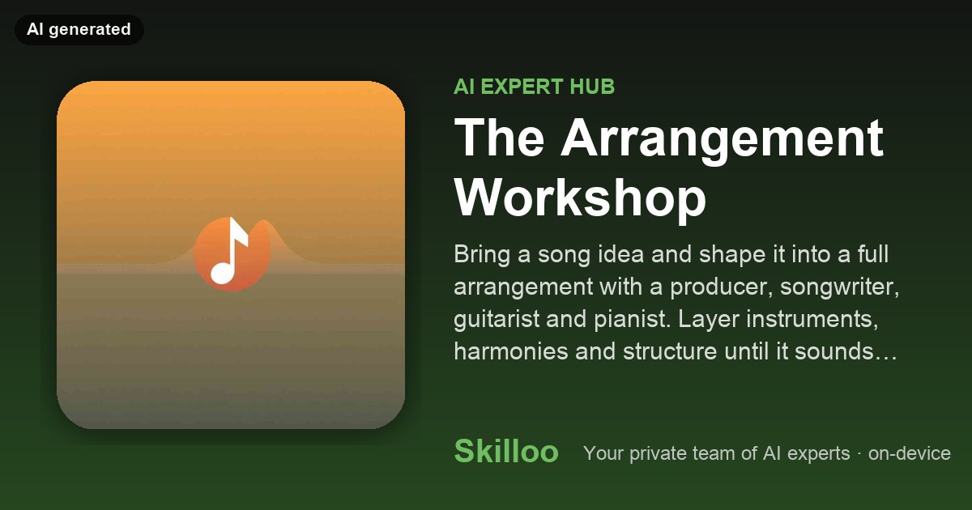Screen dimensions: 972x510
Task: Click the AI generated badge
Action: point(79,29)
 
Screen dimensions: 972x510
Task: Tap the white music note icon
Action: point(229,251)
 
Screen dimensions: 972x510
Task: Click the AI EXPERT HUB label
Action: point(534,87)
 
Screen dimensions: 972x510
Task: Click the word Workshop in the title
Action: point(580,198)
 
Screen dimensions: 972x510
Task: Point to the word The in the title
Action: point(499,137)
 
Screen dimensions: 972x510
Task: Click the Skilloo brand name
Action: point(506,451)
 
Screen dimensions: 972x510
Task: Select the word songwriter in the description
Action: point(840,287)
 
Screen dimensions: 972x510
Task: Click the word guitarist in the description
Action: point(497,319)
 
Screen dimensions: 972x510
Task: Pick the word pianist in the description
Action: point(633,319)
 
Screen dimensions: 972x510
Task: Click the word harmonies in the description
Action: point(511,351)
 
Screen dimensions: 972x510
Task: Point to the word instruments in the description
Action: point(812,319)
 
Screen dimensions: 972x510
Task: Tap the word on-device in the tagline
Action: point(910,453)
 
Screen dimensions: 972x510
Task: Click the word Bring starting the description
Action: point(482,254)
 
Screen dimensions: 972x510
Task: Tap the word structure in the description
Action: point(670,351)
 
